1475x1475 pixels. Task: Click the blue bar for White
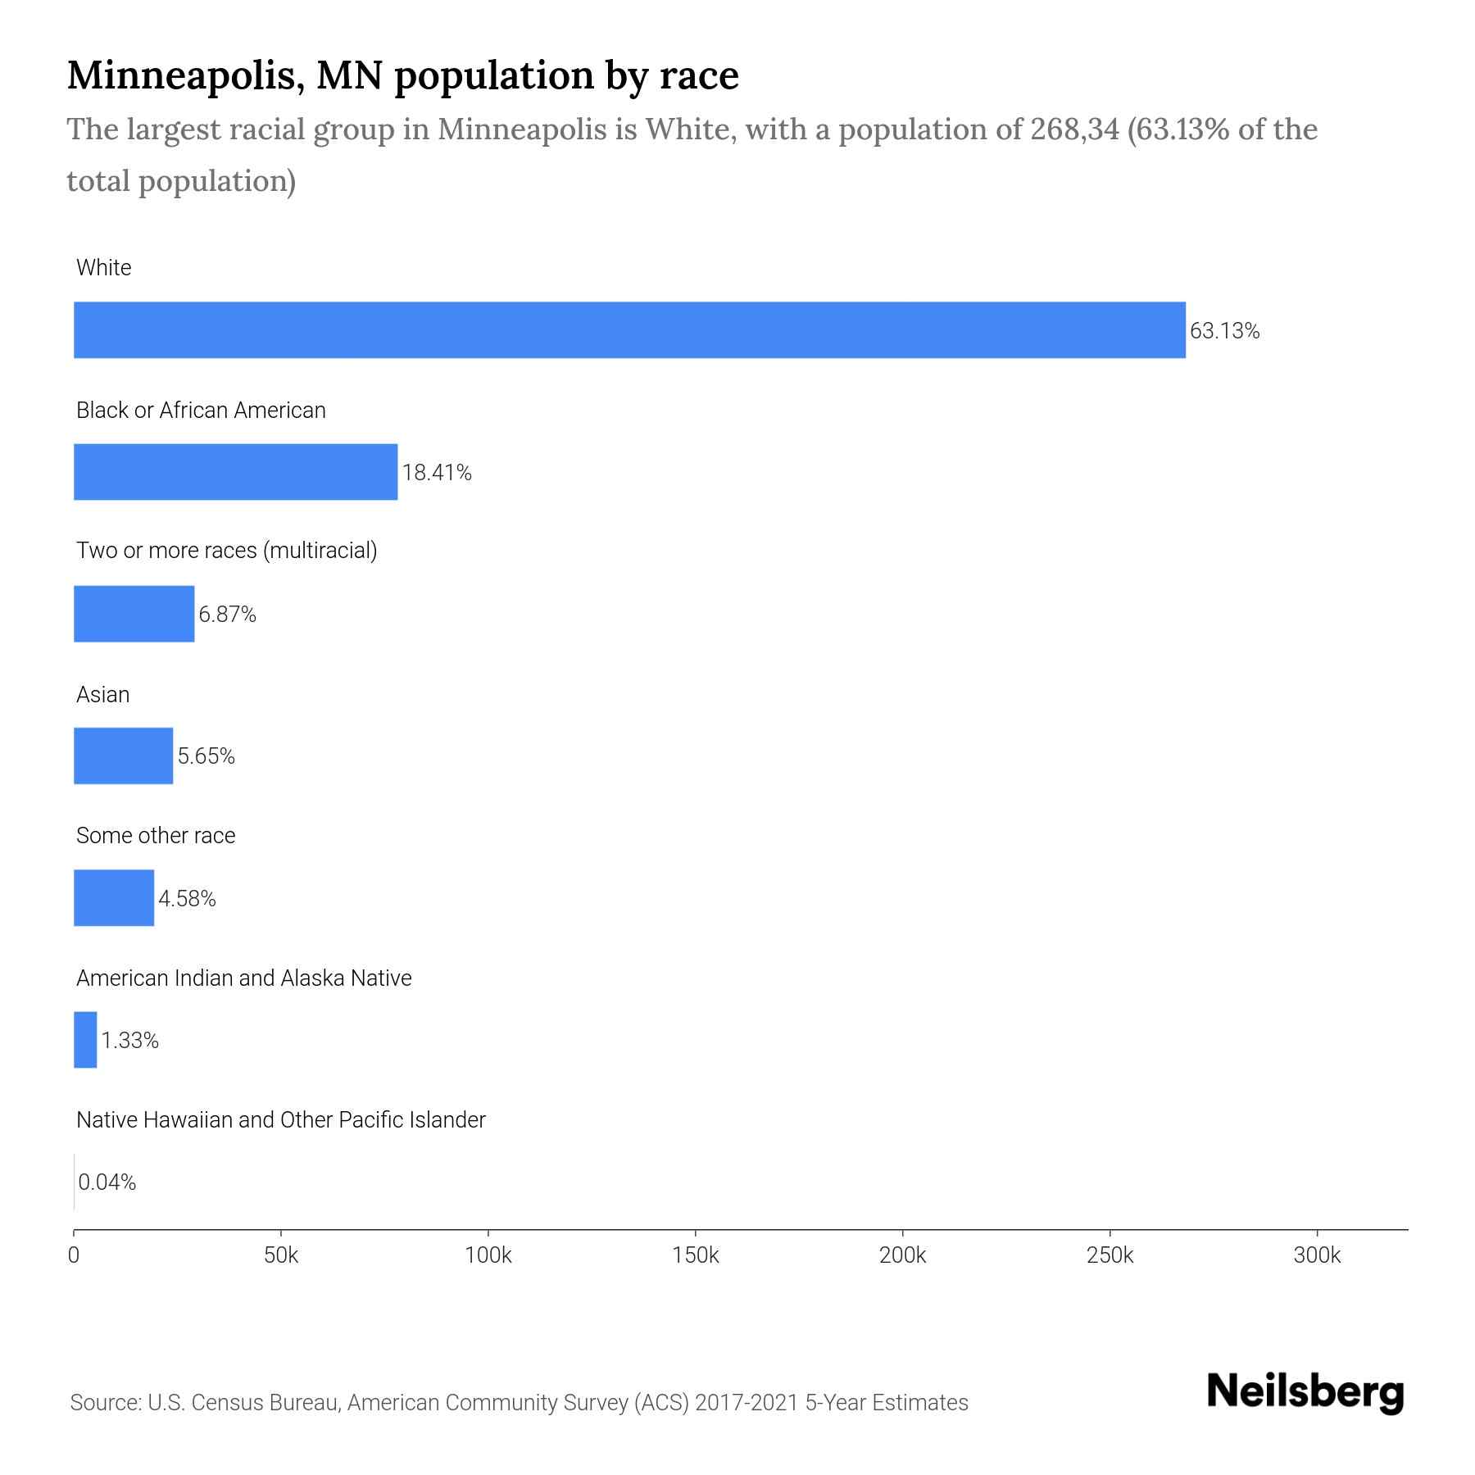629,329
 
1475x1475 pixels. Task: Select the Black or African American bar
235,472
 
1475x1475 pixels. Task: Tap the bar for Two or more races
134,614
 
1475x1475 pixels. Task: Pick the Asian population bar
123,756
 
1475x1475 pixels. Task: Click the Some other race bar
114,898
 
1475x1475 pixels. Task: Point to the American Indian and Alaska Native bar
85,1040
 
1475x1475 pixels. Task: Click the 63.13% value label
1224,331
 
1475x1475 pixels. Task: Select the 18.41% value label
437,473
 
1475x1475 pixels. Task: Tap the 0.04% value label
107,1182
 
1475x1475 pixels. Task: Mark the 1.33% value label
129,1041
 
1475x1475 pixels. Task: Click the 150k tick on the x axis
695,1255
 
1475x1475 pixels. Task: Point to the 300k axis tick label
1317,1255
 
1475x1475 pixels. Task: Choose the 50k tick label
281,1255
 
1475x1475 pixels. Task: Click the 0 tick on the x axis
74,1255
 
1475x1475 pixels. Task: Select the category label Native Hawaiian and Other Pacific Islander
280,1120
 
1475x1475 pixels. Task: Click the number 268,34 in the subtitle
1074,129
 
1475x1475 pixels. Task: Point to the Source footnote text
519,1403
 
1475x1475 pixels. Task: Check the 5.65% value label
206,756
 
